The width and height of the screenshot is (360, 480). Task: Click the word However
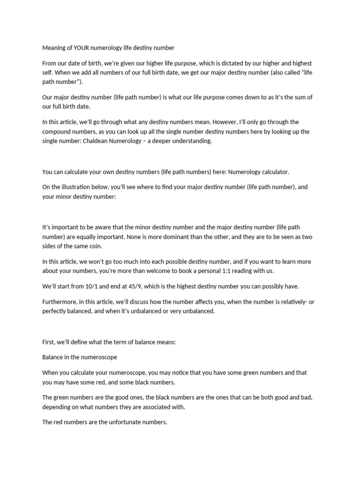pyautogui.click(x=207, y=122)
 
